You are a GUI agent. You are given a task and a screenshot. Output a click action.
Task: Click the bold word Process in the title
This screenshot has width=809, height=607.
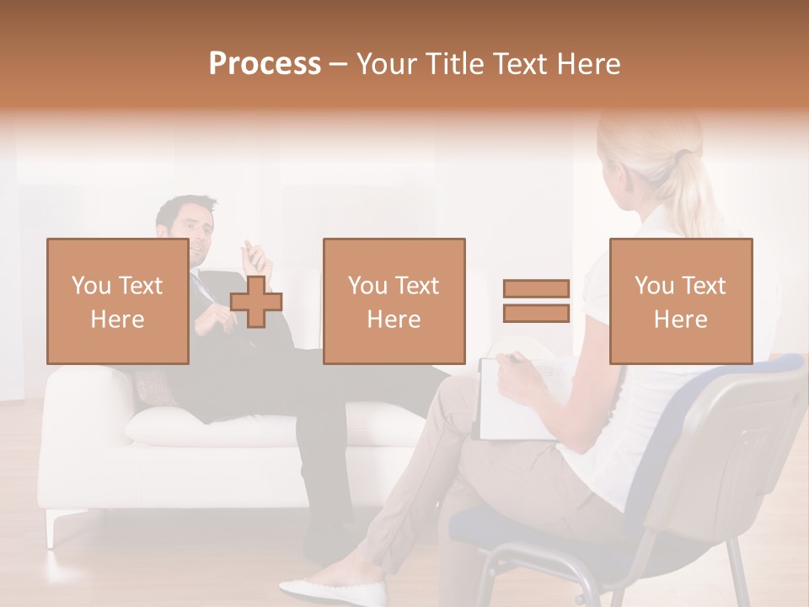click(x=265, y=64)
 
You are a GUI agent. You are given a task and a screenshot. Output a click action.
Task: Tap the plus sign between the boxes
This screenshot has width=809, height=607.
click(x=256, y=302)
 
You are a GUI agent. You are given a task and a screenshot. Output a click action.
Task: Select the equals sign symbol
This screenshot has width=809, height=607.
click(x=536, y=301)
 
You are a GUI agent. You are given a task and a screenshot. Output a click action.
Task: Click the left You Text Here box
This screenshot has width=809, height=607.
click(x=117, y=301)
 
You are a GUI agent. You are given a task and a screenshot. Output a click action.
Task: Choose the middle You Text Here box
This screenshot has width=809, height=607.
click(x=394, y=301)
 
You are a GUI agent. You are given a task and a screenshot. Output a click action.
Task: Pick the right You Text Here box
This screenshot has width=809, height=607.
click(x=680, y=301)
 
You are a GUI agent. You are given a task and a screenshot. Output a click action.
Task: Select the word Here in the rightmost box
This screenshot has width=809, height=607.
click(x=680, y=319)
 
